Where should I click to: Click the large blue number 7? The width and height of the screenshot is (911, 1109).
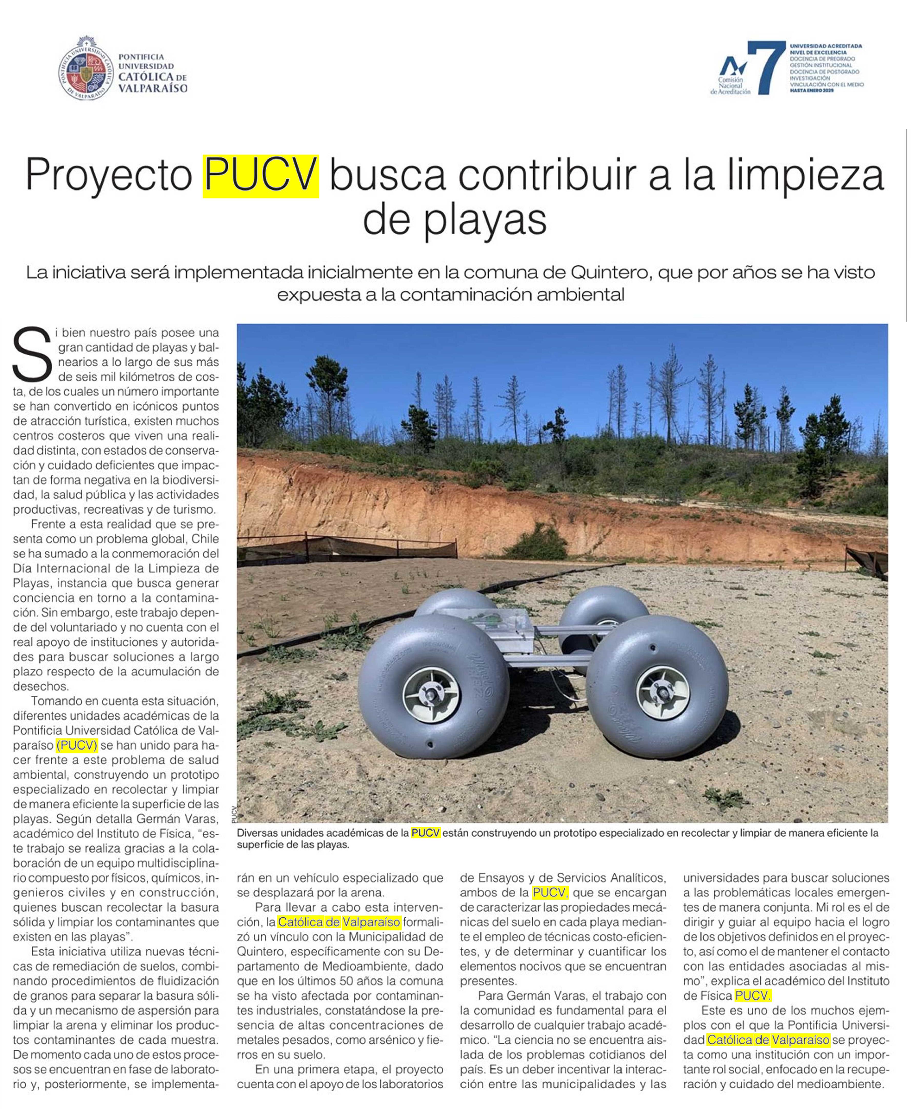pos(766,67)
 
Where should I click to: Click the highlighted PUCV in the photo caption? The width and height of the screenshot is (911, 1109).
pos(425,833)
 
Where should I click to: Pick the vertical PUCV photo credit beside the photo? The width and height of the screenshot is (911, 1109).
pos(234,814)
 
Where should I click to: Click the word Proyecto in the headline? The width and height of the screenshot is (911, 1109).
pos(109,176)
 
